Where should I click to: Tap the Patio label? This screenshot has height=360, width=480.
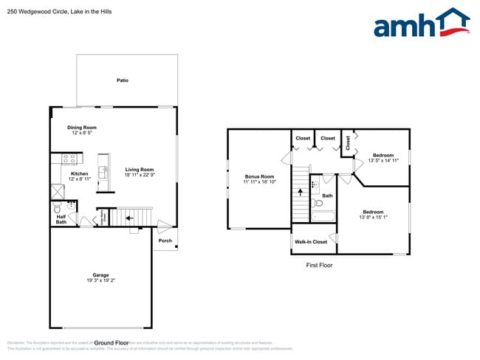123,80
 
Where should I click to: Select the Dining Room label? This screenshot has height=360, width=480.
82,128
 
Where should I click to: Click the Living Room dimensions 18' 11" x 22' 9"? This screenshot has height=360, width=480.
139,175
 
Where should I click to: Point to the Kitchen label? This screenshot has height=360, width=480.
79,174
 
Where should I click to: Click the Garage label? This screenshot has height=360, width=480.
100,275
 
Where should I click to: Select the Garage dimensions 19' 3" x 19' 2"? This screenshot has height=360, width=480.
100,280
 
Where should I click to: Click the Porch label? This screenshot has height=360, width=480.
165,240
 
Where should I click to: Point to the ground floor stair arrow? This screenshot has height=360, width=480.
128,218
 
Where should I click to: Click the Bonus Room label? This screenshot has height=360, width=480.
260,176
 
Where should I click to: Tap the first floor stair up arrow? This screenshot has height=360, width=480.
301,192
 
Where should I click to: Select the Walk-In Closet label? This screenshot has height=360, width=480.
311,242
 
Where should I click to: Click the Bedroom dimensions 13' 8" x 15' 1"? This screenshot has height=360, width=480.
373,217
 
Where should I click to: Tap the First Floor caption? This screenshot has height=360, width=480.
320,265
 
